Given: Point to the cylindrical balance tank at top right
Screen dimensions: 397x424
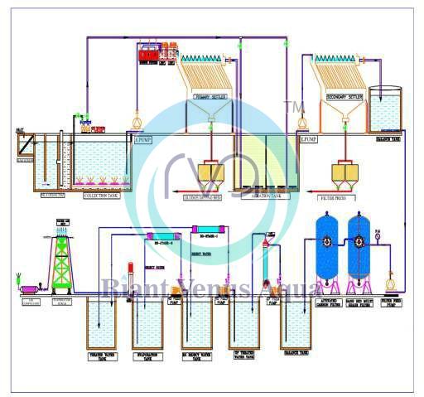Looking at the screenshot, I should coord(384,109).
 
